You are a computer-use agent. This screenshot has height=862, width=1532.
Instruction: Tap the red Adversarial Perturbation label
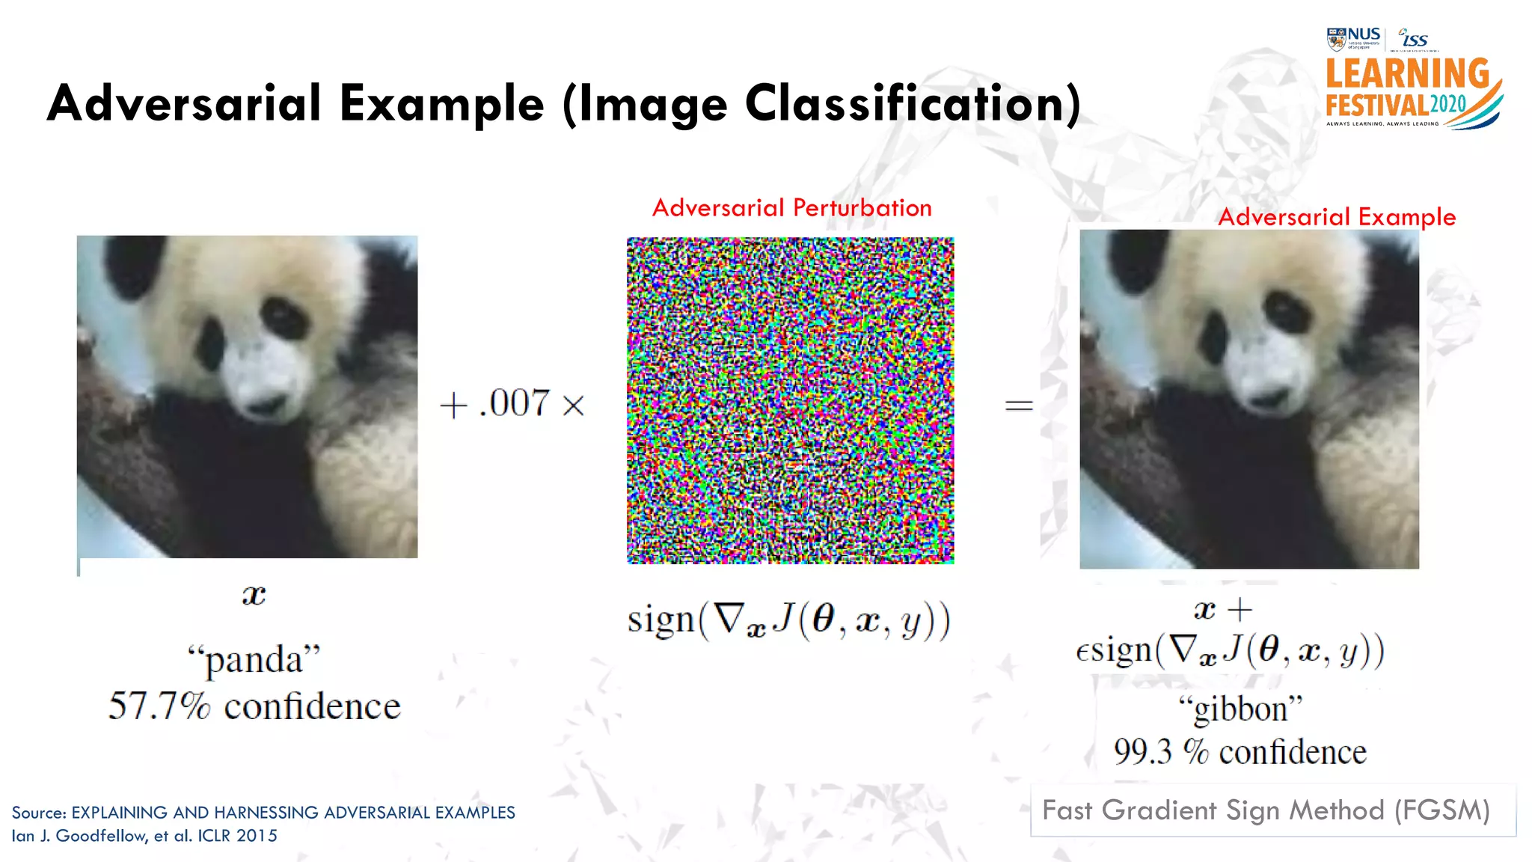point(791,207)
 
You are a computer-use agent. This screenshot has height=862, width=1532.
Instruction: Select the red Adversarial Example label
point(1336,217)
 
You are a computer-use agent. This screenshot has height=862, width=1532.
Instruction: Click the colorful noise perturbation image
point(790,400)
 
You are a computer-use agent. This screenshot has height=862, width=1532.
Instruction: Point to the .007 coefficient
point(515,403)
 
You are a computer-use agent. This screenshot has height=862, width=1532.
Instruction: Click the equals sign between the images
point(1018,406)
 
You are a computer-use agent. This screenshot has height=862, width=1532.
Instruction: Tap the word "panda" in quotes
point(254,659)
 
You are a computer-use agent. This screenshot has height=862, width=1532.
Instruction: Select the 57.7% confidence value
point(159,706)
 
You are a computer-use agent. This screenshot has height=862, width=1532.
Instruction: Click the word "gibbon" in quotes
point(1240,708)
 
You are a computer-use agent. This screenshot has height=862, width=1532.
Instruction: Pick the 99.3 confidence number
point(1142,752)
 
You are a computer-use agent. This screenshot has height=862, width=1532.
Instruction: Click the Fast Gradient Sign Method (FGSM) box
point(1272,810)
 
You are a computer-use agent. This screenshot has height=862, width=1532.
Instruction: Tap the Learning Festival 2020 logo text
point(1406,88)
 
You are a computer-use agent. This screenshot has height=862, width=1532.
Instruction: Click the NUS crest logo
point(1336,38)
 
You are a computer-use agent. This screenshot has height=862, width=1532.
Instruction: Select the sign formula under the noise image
point(788,620)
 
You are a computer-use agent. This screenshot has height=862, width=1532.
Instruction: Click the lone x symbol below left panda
point(254,596)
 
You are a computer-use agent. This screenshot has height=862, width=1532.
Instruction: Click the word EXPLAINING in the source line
point(120,813)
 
